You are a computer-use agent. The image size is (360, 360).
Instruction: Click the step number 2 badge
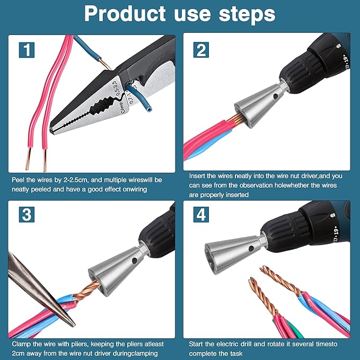click(x=201, y=51)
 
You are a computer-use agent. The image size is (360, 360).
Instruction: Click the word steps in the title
click(x=248, y=14)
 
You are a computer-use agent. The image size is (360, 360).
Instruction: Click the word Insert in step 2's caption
click(x=199, y=174)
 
